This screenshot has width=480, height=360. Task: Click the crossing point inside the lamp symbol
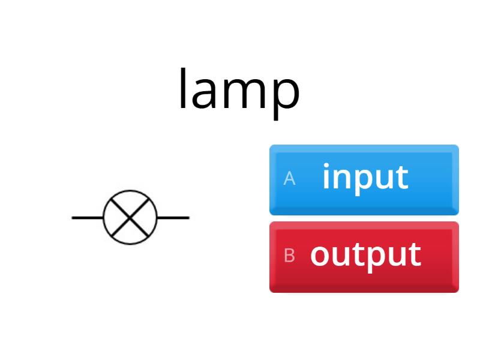click(130, 217)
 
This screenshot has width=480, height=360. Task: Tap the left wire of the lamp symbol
click(88, 217)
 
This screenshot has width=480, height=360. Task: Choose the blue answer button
click(364, 179)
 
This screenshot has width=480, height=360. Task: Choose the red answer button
click(364, 257)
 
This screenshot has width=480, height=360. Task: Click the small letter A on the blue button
click(289, 179)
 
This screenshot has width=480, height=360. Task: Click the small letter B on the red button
click(289, 256)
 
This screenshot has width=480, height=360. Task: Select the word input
click(365, 178)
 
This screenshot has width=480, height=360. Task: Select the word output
click(365, 255)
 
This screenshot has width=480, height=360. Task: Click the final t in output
click(415, 255)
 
